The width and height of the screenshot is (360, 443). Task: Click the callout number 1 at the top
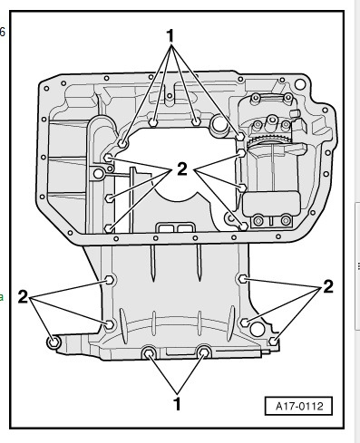(170, 35)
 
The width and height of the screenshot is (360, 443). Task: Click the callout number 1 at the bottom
(178, 404)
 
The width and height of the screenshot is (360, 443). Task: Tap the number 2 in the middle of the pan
(182, 169)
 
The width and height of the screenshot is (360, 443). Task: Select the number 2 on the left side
(23, 296)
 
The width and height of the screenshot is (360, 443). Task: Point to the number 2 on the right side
(328, 286)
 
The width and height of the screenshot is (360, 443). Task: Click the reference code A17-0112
(299, 406)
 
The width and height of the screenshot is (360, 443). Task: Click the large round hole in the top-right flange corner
(300, 84)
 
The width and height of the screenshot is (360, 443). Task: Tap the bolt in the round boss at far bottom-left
(54, 342)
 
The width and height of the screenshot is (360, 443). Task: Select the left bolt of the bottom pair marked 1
(149, 352)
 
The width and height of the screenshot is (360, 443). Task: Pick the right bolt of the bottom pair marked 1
(204, 352)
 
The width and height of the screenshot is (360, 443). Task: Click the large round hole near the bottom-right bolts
(258, 329)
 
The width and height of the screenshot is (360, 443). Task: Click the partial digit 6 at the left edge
(2, 32)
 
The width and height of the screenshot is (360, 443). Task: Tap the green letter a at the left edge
(1, 297)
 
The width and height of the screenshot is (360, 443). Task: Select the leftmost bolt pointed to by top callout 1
(122, 144)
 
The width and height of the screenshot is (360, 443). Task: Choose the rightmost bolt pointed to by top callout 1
(240, 137)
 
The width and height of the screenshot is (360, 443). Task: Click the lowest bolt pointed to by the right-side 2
(273, 342)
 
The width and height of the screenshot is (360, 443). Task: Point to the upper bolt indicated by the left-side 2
(110, 280)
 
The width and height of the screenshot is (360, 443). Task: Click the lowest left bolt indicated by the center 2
(109, 228)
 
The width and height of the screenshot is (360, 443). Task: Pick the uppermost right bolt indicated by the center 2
(241, 153)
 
